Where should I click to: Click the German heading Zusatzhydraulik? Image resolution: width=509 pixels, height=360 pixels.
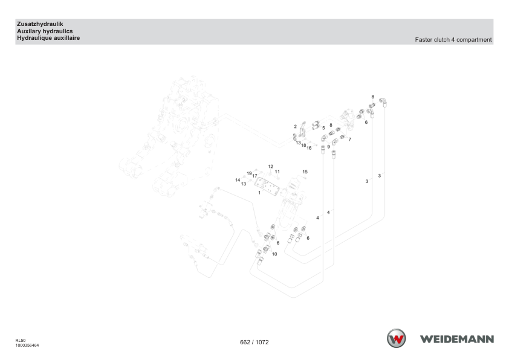40,24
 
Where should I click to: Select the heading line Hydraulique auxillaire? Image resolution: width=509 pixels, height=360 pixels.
48,38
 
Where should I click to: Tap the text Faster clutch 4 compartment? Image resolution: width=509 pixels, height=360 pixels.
453,40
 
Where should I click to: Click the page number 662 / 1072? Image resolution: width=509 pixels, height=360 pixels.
254,342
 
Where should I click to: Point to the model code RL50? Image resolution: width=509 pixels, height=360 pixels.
21,341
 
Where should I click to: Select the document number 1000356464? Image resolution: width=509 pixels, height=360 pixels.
27,346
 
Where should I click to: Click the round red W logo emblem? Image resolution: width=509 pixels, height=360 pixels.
396,338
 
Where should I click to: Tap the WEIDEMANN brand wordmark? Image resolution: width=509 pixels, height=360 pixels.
457,339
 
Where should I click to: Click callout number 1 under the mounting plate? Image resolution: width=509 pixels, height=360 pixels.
259,193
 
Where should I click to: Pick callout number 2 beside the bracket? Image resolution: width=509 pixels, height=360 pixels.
296,126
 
